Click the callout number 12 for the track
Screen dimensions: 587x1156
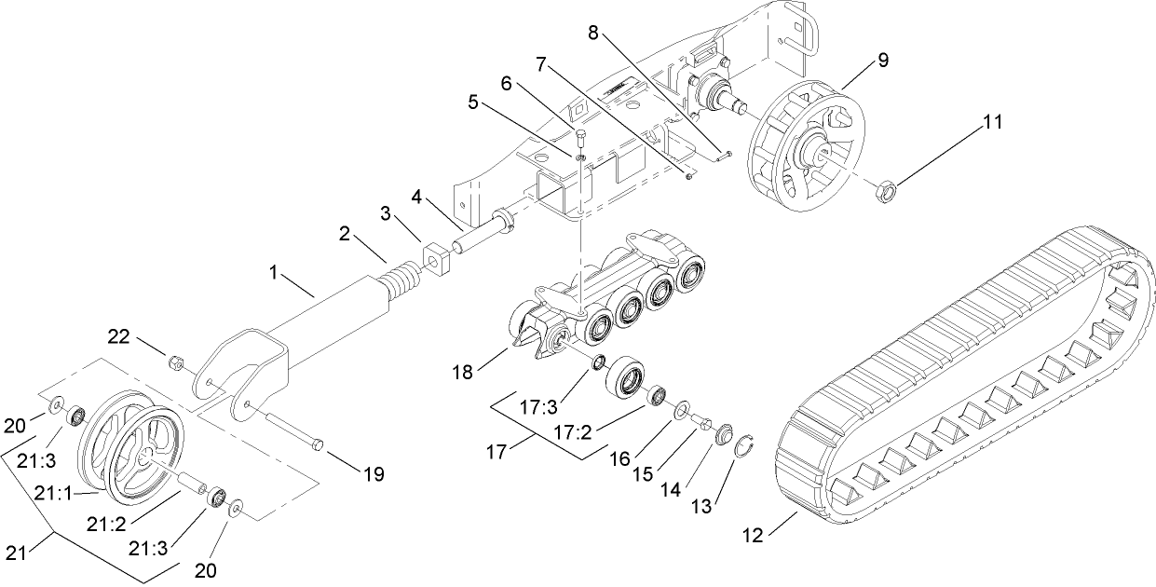click(753, 536)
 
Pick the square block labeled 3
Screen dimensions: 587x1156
click(436, 259)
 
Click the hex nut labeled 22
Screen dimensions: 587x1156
click(173, 361)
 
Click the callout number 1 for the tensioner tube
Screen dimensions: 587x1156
click(274, 272)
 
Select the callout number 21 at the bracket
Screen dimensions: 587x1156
click(14, 554)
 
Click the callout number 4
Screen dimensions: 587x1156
click(417, 198)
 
